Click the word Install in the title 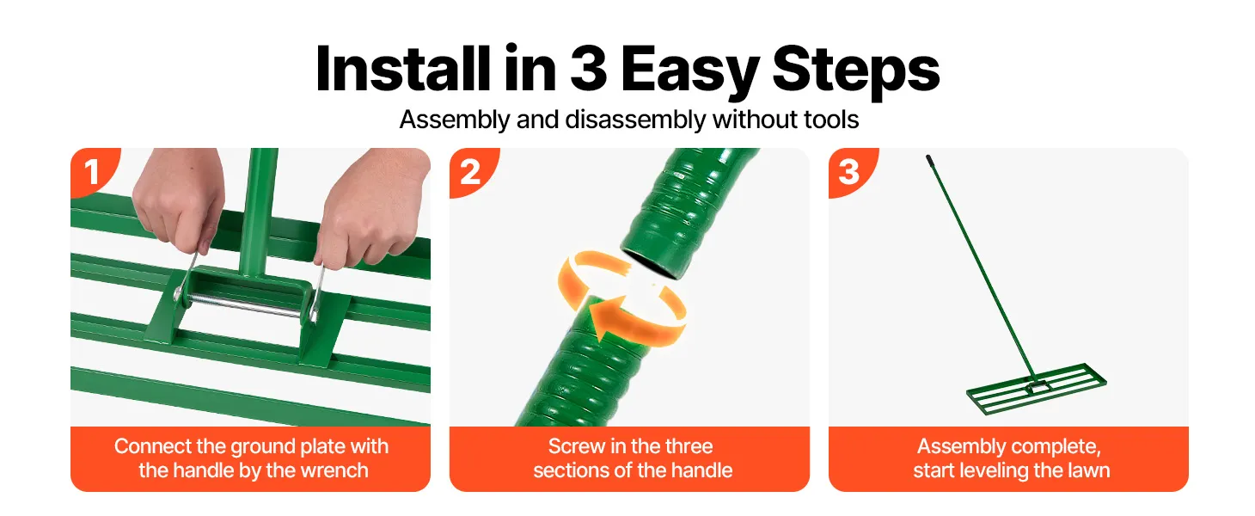[403, 68]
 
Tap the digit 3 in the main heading [588, 68]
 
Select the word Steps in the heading [855, 71]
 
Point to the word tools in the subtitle [831, 120]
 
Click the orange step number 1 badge [95, 171]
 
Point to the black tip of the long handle [929, 160]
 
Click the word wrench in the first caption [334, 470]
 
